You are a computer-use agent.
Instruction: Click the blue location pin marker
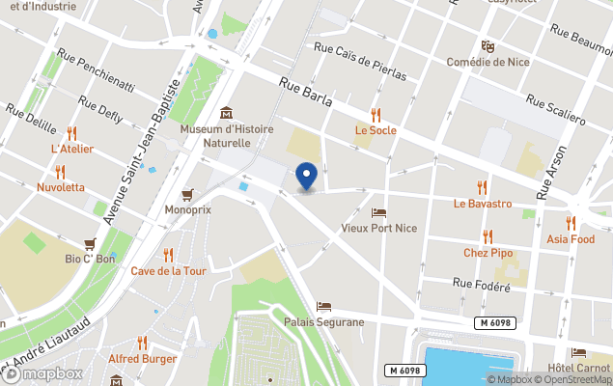[x=306, y=177]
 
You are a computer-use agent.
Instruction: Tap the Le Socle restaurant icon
[x=376, y=115]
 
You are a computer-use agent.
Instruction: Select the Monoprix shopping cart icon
[x=187, y=193]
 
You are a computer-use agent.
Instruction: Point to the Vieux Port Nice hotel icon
[x=378, y=213]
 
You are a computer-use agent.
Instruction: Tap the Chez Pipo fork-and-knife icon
[x=488, y=236]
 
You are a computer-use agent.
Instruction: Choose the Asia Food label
[x=571, y=238]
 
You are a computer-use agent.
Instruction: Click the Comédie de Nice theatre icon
[x=488, y=46]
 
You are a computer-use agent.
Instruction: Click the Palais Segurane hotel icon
[x=323, y=306]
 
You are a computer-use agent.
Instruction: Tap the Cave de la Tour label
[x=169, y=271]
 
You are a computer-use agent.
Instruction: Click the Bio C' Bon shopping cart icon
[x=90, y=243]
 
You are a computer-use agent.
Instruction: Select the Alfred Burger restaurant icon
[x=143, y=343]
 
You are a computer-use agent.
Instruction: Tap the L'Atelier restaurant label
[x=71, y=150]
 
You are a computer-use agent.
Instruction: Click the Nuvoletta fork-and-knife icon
[x=60, y=172]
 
